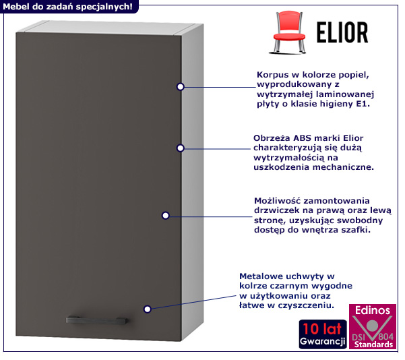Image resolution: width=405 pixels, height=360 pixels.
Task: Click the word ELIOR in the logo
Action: [x=342, y=32]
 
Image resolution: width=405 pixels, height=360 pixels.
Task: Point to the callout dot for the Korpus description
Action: [x=181, y=86]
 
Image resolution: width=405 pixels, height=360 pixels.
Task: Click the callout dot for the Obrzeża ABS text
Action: [x=181, y=148]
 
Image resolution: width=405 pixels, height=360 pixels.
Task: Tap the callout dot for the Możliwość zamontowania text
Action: [x=165, y=215]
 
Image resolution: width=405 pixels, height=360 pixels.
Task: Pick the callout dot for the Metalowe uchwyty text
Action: [x=147, y=308]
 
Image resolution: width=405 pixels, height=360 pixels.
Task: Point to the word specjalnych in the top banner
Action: [x=103, y=6]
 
